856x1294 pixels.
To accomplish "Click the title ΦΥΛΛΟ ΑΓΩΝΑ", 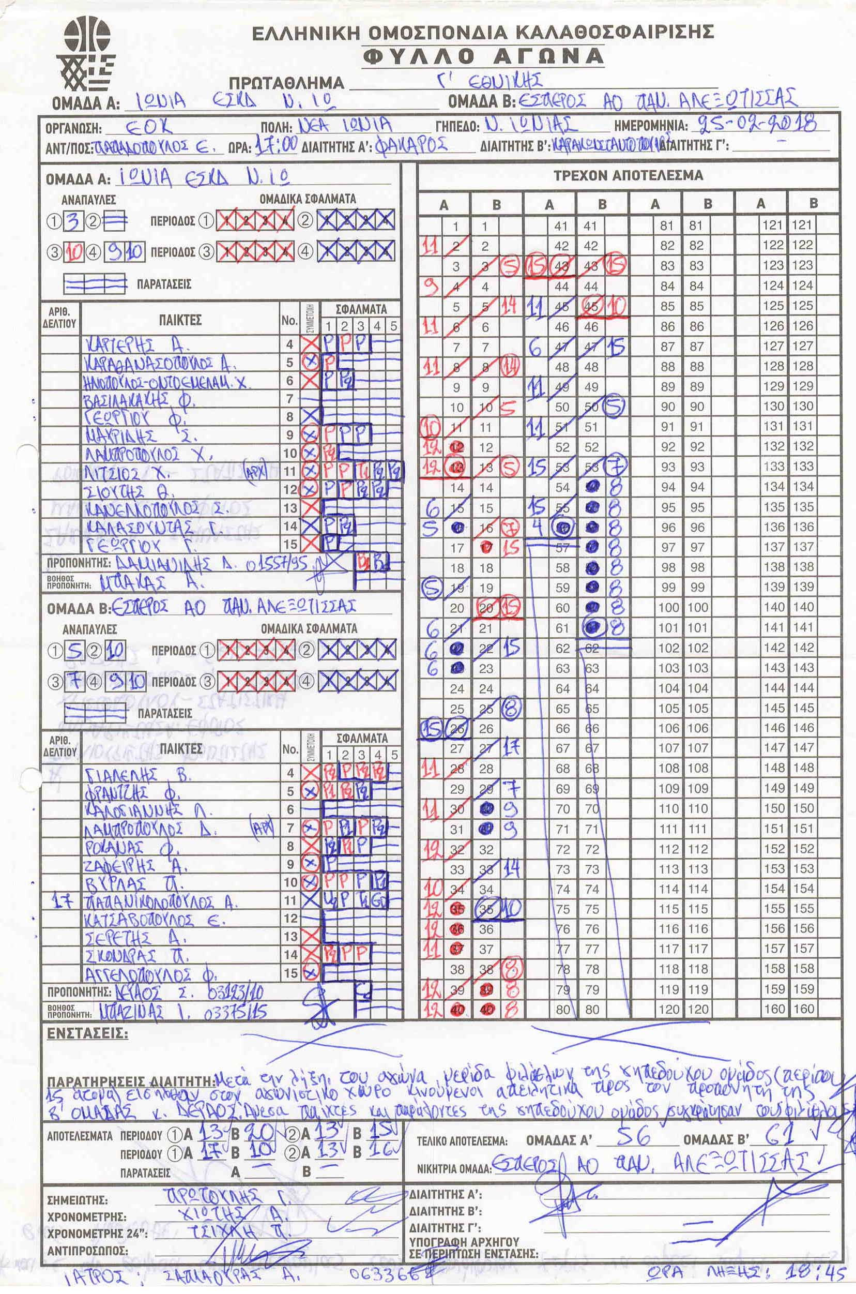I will tap(483, 56).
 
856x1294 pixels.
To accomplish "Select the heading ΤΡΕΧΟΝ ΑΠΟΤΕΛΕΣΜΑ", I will tap(628, 176).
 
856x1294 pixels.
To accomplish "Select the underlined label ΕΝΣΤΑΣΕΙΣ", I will tap(87, 1033).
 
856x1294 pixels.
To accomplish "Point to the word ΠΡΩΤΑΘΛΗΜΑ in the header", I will tap(286, 83).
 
